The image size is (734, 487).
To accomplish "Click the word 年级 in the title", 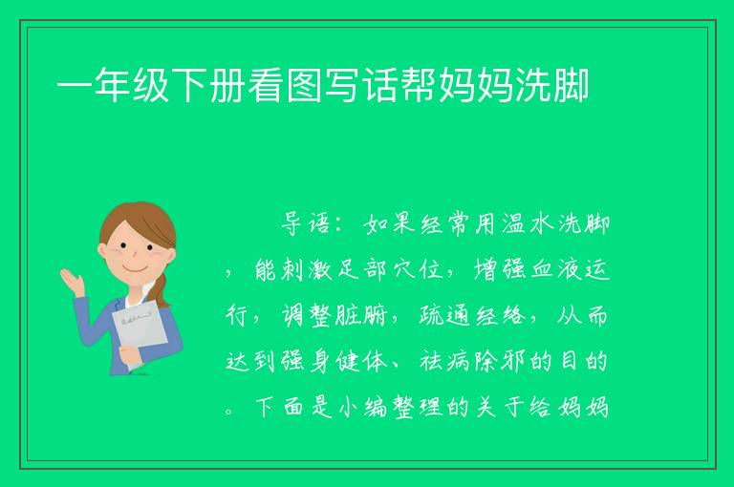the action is [132, 85].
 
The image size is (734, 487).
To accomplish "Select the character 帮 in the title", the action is [419, 85].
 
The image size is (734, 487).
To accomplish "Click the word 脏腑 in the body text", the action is [361, 316].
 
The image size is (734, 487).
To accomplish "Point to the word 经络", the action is [501, 316].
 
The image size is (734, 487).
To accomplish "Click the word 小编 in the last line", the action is [362, 407].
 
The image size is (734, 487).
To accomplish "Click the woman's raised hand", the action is [71, 282].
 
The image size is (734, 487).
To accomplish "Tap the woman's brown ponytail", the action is [161, 291].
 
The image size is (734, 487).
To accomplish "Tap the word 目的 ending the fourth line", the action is [583, 362].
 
